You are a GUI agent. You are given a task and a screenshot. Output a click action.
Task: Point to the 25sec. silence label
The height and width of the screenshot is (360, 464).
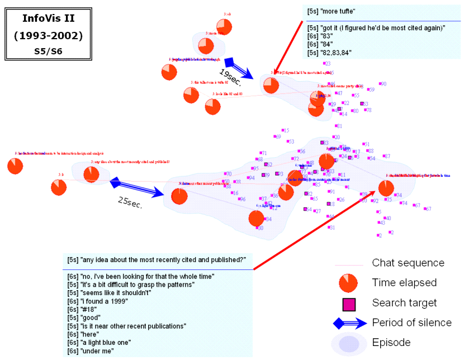(130, 201)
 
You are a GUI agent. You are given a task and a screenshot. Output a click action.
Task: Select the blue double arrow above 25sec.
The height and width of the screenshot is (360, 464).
(137, 187)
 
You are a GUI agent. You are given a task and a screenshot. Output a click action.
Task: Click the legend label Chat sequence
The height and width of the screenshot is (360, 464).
(408, 263)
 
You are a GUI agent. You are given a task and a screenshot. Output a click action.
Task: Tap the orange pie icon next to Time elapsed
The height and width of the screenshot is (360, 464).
(349, 283)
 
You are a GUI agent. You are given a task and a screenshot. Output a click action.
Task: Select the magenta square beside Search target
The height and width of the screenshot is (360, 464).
(349, 303)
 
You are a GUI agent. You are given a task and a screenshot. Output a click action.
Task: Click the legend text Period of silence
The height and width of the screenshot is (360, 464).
(411, 323)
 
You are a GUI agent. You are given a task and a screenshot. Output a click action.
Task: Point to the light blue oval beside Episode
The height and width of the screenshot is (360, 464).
(349, 342)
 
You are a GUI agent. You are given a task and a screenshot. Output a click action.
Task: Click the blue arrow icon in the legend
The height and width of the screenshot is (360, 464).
(349, 323)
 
